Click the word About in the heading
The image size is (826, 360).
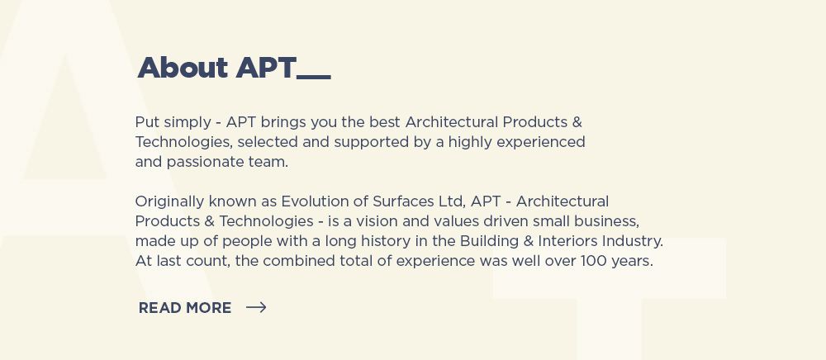183,68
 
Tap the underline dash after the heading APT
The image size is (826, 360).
314,78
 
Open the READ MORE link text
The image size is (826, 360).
185,308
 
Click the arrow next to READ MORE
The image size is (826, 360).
256,307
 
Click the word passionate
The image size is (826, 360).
206,163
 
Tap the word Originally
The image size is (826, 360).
169,202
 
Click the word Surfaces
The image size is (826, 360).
404,201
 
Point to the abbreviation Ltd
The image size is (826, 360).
453,202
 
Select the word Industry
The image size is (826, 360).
633,242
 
